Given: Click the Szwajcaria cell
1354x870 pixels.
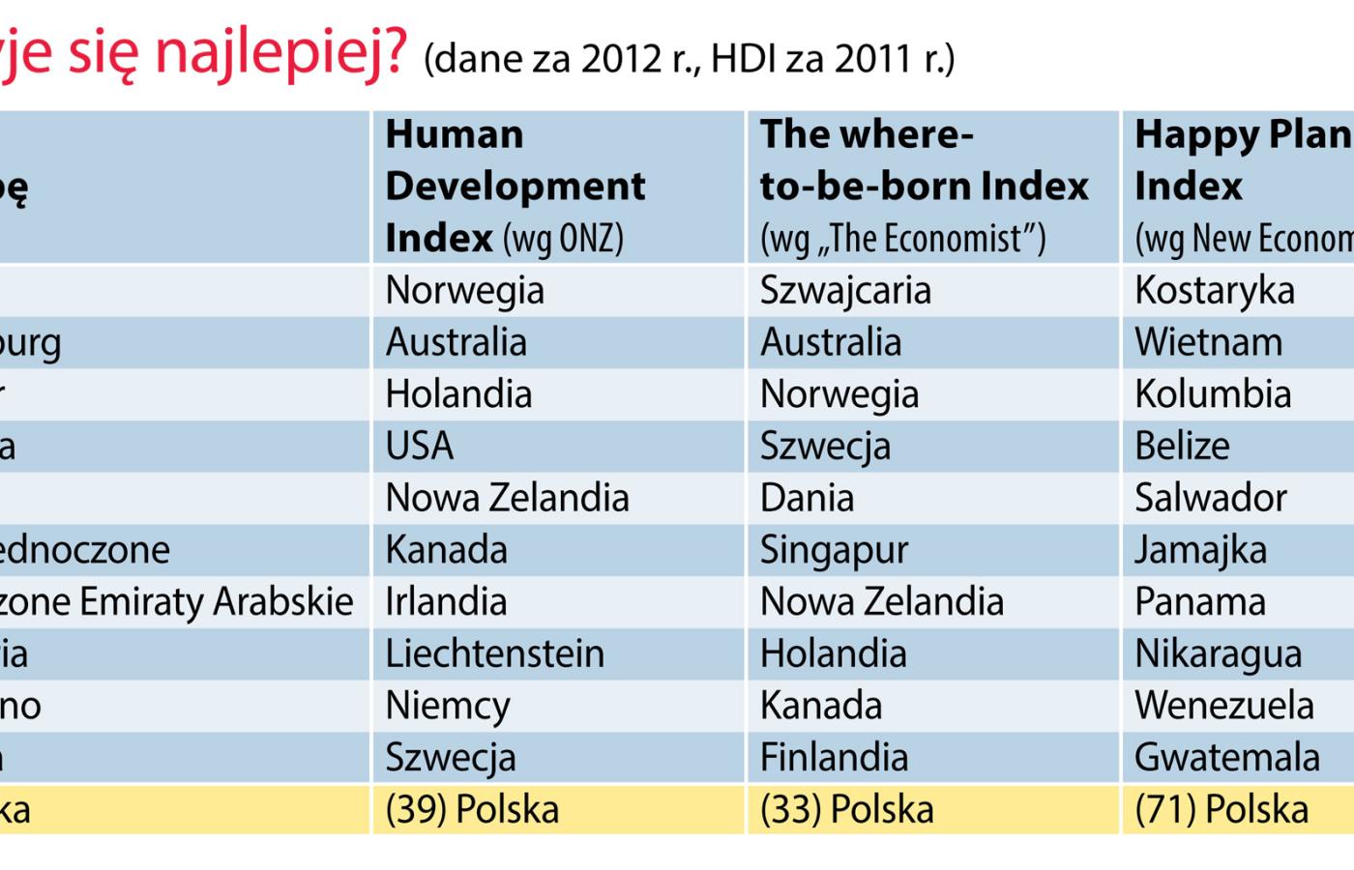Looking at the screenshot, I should [x=845, y=290].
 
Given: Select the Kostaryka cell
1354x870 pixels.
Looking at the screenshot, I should [x=1214, y=290].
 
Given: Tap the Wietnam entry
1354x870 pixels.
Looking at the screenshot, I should [x=1208, y=342].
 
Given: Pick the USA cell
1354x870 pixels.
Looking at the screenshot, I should [x=419, y=446].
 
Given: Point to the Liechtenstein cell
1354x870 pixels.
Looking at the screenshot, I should [x=494, y=653].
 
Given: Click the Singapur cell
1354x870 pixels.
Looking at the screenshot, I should [x=834, y=550].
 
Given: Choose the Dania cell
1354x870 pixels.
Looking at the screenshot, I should [x=807, y=498].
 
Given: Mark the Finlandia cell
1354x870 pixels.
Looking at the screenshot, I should [x=834, y=757].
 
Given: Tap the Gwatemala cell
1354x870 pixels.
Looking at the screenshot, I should [x=1226, y=757].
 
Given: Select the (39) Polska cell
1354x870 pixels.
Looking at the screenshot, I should [x=472, y=809].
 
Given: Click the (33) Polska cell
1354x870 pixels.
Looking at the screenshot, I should [x=846, y=809].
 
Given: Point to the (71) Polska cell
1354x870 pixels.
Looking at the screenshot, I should [x=1221, y=809].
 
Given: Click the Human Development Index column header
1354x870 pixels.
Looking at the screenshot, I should [x=515, y=186].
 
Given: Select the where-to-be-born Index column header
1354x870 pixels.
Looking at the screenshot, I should [x=924, y=186].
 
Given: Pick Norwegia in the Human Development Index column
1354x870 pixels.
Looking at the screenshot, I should [x=464, y=290].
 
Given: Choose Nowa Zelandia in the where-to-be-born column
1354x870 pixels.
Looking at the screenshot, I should [x=881, y=601].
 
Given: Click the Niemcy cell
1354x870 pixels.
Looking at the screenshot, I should [x=447, y=706].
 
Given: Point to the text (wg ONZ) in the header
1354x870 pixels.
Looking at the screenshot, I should [x=564, y=238].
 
